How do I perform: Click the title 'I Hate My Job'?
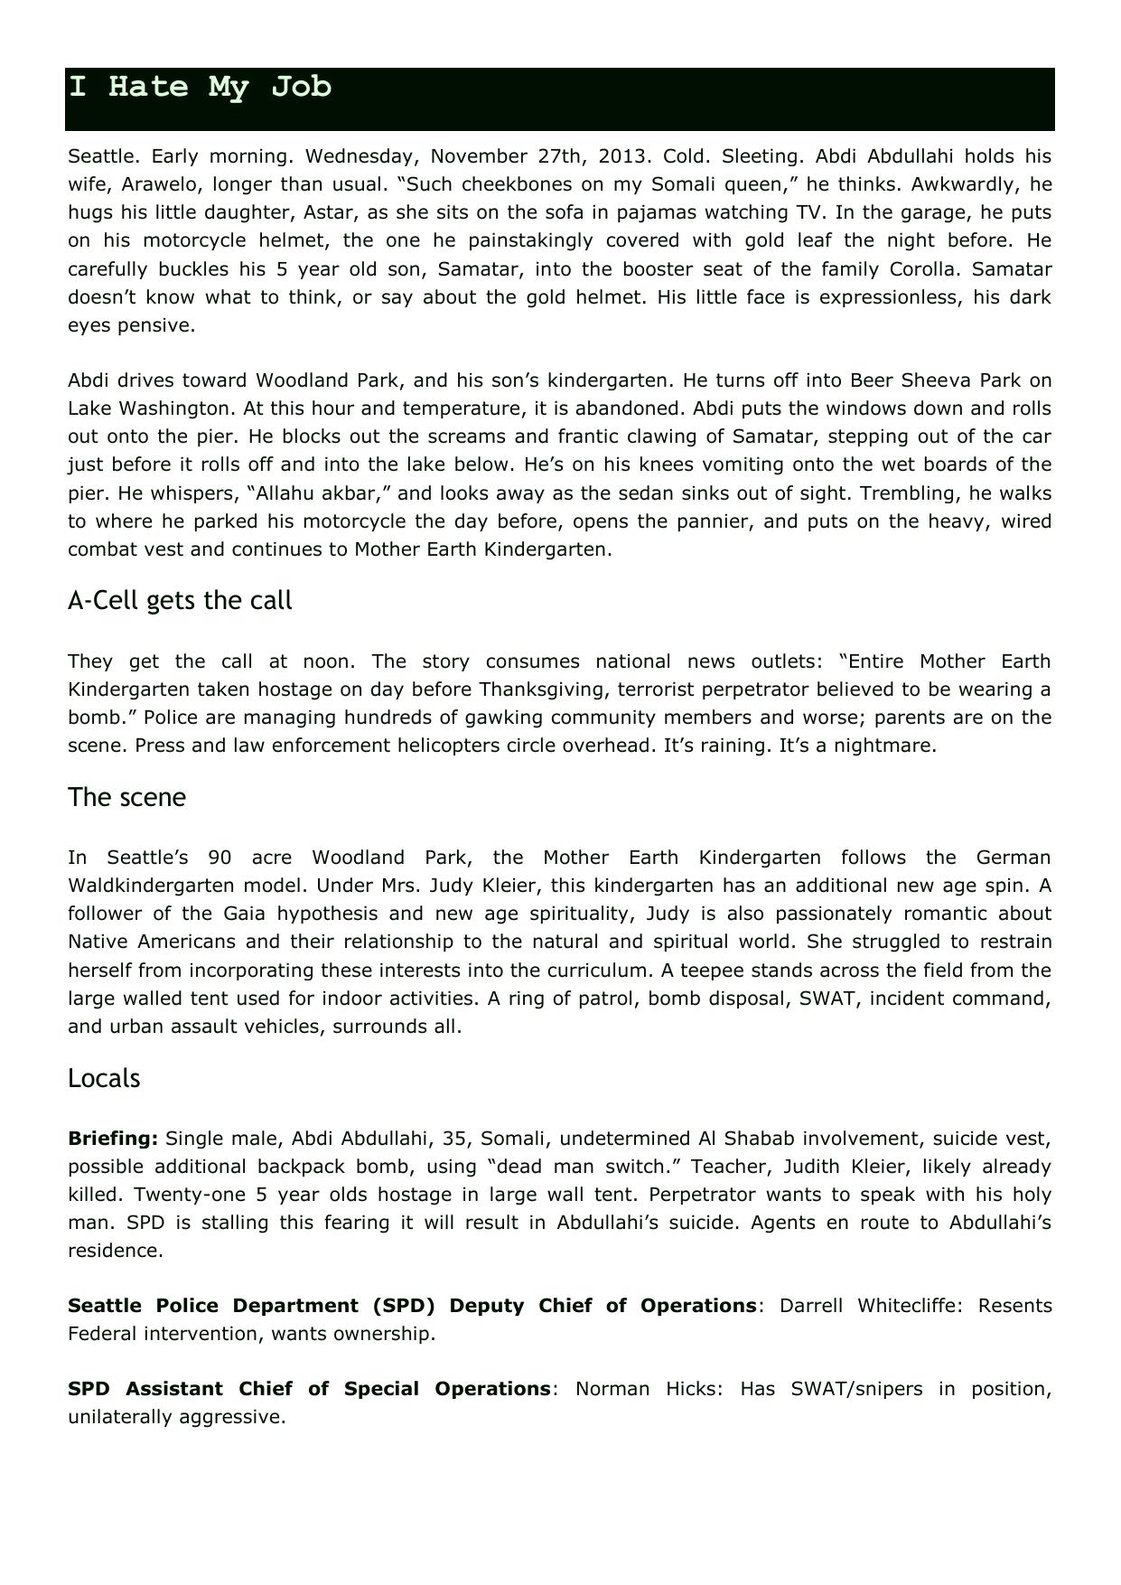[x=201, y=88]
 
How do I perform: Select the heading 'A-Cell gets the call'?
[x=180, y=601]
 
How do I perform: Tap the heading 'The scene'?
[x=126, y=797]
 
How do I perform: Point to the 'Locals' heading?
[x=104, y=1078]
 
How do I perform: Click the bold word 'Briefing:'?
[x=113, y=1138]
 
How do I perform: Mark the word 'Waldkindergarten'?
[x=148, y=885]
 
